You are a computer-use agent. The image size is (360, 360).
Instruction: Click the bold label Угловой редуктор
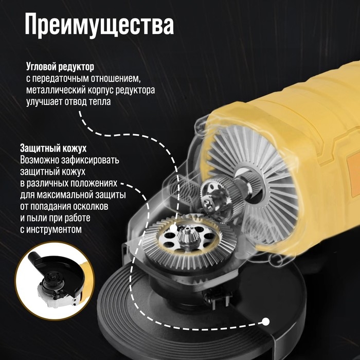(60, 67)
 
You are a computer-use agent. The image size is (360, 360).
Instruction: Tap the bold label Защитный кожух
(53, 148)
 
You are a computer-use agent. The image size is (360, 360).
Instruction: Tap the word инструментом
(54, 229)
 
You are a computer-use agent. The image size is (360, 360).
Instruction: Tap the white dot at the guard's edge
(266, 322)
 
